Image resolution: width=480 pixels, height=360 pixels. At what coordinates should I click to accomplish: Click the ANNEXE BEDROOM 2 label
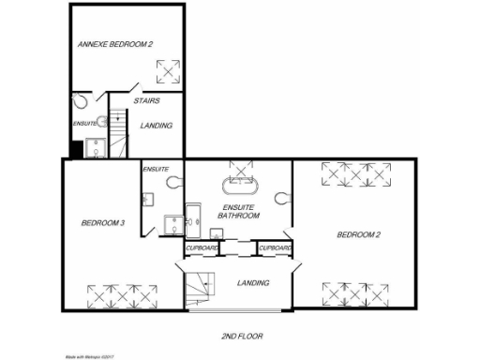[x=114, y=43]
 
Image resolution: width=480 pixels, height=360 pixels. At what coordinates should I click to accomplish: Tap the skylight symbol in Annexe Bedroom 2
[x=167, y=71]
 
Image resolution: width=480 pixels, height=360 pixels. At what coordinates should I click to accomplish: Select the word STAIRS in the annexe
[x=146, y=100]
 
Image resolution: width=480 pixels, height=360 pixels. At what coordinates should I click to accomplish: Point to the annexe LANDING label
[x=156, y=125]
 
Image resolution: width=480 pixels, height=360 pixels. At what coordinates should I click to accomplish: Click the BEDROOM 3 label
[x=102, y=223]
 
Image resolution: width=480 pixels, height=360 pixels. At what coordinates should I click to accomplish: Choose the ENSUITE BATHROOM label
[x=238, y=211]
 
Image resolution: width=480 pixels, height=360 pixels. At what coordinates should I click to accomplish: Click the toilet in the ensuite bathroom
[x=286, y=198]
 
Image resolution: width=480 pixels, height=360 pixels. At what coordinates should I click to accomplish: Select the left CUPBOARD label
[x=202, y=247]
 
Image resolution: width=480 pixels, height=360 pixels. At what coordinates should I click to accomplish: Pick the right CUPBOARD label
[x=275, y=247]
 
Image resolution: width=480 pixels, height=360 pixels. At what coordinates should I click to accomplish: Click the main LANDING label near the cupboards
[x=253, y=282]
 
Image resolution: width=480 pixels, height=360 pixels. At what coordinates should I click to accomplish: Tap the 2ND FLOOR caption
[x=242, y=335]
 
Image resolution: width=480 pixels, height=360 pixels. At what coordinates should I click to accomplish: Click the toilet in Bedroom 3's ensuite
[x=172, y=184]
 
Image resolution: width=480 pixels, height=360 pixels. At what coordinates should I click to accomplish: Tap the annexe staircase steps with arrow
[x=118, y=131]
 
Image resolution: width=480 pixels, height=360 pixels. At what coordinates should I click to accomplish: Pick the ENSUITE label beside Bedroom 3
[x=155, y=169]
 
